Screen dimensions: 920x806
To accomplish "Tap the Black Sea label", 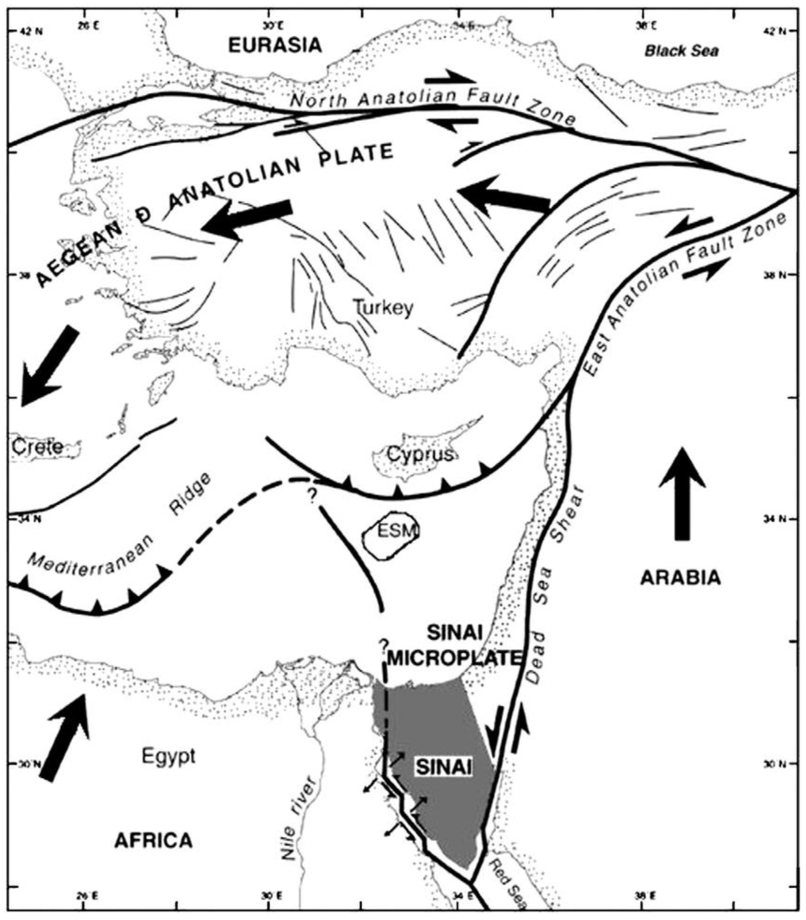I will coord(681,51).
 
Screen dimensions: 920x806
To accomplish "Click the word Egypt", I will coord(169,755).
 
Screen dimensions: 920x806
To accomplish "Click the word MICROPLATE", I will coord(453,659).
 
